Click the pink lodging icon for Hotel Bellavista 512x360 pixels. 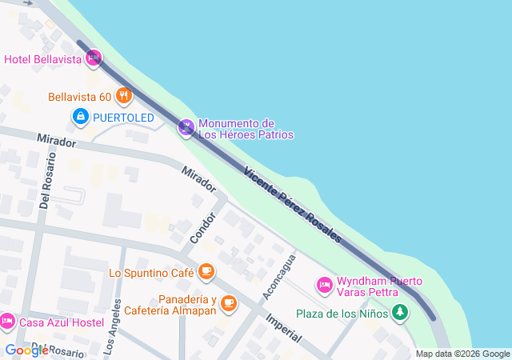pos(94,58)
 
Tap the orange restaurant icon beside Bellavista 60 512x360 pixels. pos(123,97)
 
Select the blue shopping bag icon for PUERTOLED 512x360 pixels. pos(80,118)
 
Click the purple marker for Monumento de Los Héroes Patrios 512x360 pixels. pos(186,127)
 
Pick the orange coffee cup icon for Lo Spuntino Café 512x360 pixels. pos(206,273)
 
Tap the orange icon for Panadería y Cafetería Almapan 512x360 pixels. pos(230,302)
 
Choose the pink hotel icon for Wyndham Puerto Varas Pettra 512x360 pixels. pos(324,284)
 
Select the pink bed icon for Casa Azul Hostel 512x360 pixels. pos(7,322)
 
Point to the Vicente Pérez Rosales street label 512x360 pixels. pos(293,205)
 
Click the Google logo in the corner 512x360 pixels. pos(26,350)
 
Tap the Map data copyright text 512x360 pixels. pos(462,354)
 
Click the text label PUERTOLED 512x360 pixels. pos(123,118)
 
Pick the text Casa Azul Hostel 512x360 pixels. pos(62,322)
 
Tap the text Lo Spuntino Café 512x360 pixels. pos(152,273)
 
